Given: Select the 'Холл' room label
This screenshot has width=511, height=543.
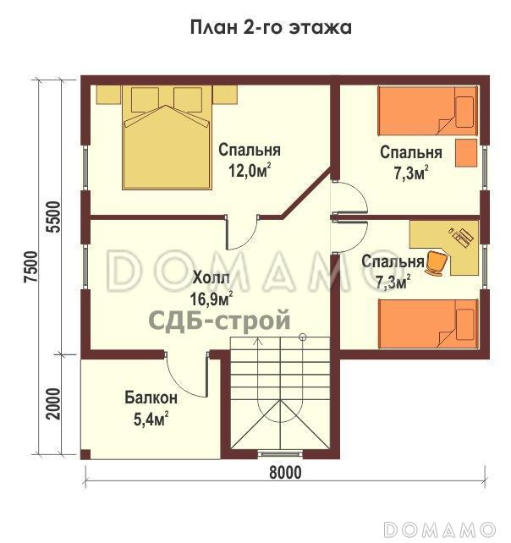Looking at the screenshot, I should pyautogui.click(x=211, y=278).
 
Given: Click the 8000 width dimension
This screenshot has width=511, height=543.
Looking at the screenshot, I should pyautogui.click(x=286, y=473).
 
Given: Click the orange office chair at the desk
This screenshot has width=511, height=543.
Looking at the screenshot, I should pyautogui.click(x=437, y=263).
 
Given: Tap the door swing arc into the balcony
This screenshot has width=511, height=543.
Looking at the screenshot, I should pyautogui.click(x=184, y=372).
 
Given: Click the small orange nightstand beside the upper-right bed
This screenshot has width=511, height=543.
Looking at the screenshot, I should pyautogui.click(x=466, y=153).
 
